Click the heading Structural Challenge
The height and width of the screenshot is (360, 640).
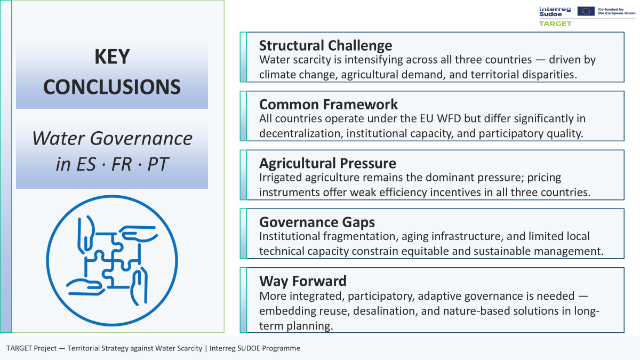325,45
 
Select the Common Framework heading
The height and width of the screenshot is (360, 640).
329,105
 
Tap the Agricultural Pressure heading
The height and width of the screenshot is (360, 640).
327,163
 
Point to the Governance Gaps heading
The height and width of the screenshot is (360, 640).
317,222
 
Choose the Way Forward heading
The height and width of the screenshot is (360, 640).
303,281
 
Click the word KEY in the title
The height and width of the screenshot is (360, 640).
112,57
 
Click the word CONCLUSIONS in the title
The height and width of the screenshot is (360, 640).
112,87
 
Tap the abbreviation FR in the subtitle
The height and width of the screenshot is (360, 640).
121,164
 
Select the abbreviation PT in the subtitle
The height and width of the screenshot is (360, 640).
158,164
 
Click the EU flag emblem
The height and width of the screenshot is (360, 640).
586,11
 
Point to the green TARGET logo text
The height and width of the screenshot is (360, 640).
555,23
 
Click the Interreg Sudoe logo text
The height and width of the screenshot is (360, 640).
555,11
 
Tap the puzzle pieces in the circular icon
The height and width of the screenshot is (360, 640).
113,261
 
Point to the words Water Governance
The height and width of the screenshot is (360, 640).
112,139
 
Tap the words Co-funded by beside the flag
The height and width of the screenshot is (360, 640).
611,10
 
